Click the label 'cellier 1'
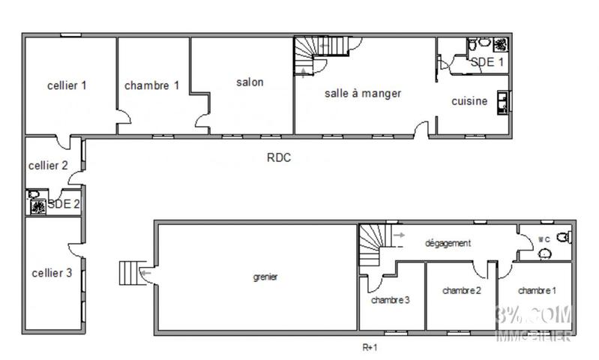click(x=67, y=85)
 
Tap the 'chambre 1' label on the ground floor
click(x=151, y=85)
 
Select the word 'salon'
click(x=250, y=82)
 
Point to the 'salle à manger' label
click(x=363, y=94)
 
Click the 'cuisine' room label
click(x=469, y=101)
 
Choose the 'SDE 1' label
click(x=487, y=62)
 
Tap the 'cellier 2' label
click(x=48, y=166)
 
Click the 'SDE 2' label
click(x=64, y=204)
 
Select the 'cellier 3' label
click(x=52, y=273)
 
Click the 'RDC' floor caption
click(x=278, y=157)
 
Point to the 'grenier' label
click(x=265, y=277)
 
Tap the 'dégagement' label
click(x=448, y=243)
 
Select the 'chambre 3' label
click(x=390, y=300)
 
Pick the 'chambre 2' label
click(x=461, y=290)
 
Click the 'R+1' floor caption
click(x=370, y=347)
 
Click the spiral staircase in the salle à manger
click(x=308, y=56)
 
